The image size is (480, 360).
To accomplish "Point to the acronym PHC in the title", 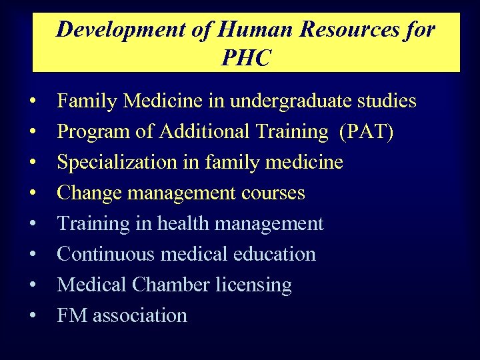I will (x=246, y=59).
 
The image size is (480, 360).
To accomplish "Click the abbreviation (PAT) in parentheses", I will (x=366, y=132).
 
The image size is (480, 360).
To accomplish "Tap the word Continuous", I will (x=103, y=254).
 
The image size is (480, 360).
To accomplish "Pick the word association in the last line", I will (x=140, y=315).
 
